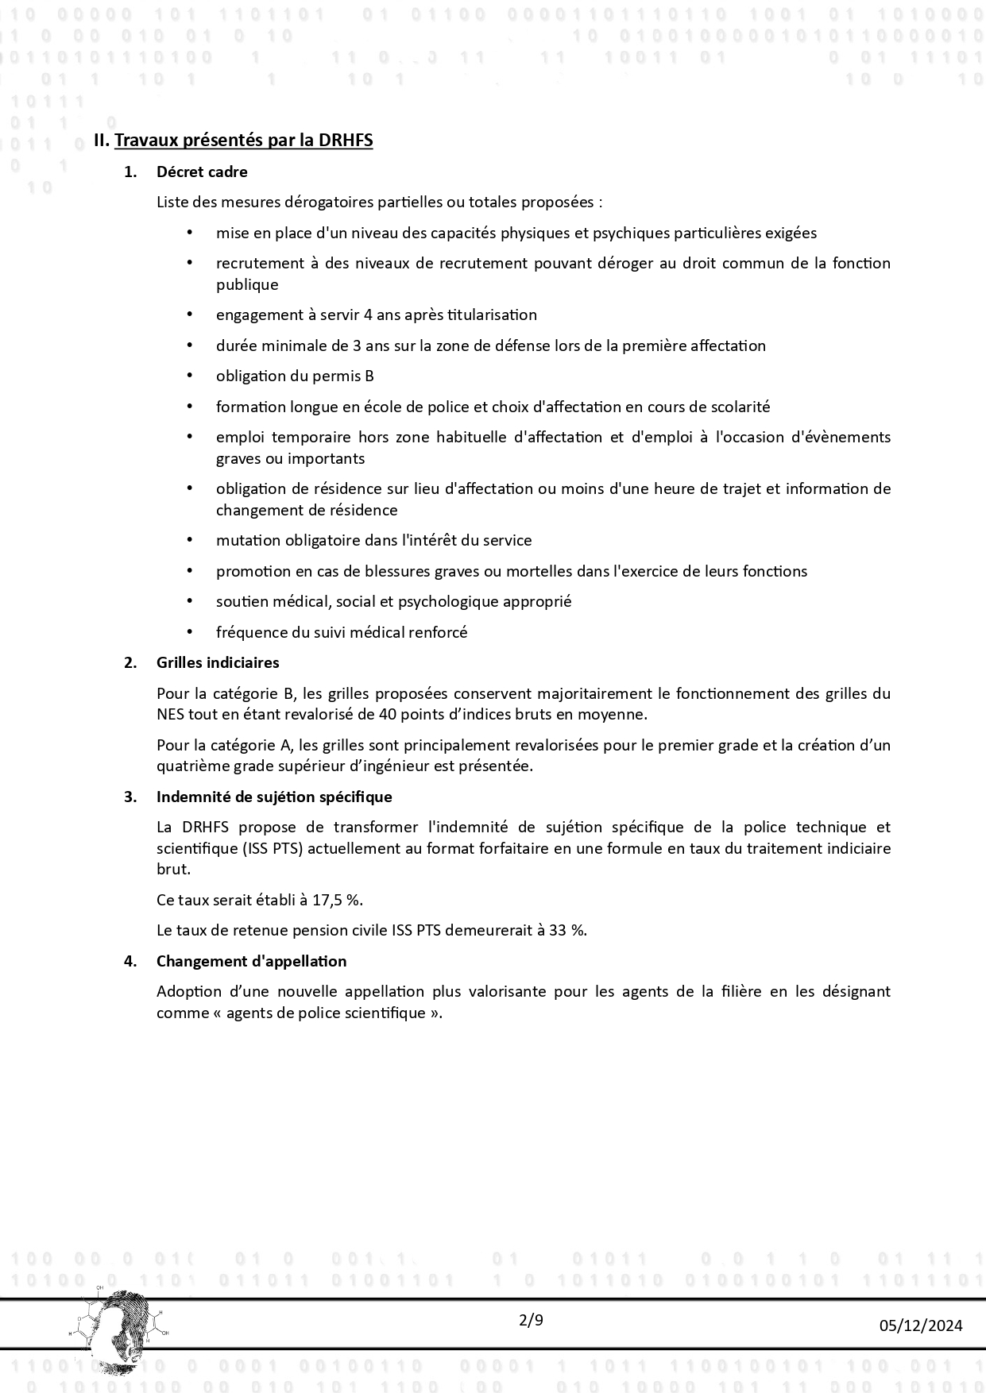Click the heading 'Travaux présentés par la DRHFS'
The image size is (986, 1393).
(x=244, y=141)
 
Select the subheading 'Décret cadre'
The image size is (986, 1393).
(x=202, y=172)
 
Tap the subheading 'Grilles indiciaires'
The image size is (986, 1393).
(x=218, y=662)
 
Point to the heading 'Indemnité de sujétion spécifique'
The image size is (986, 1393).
(x=274, y=797)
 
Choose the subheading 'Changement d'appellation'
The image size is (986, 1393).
(x=251, y=961)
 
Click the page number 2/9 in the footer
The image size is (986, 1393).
(x=531, y=1321)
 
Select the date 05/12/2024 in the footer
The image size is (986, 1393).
(x=921, y=1325)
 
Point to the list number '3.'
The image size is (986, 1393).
(x=130, y=797)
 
